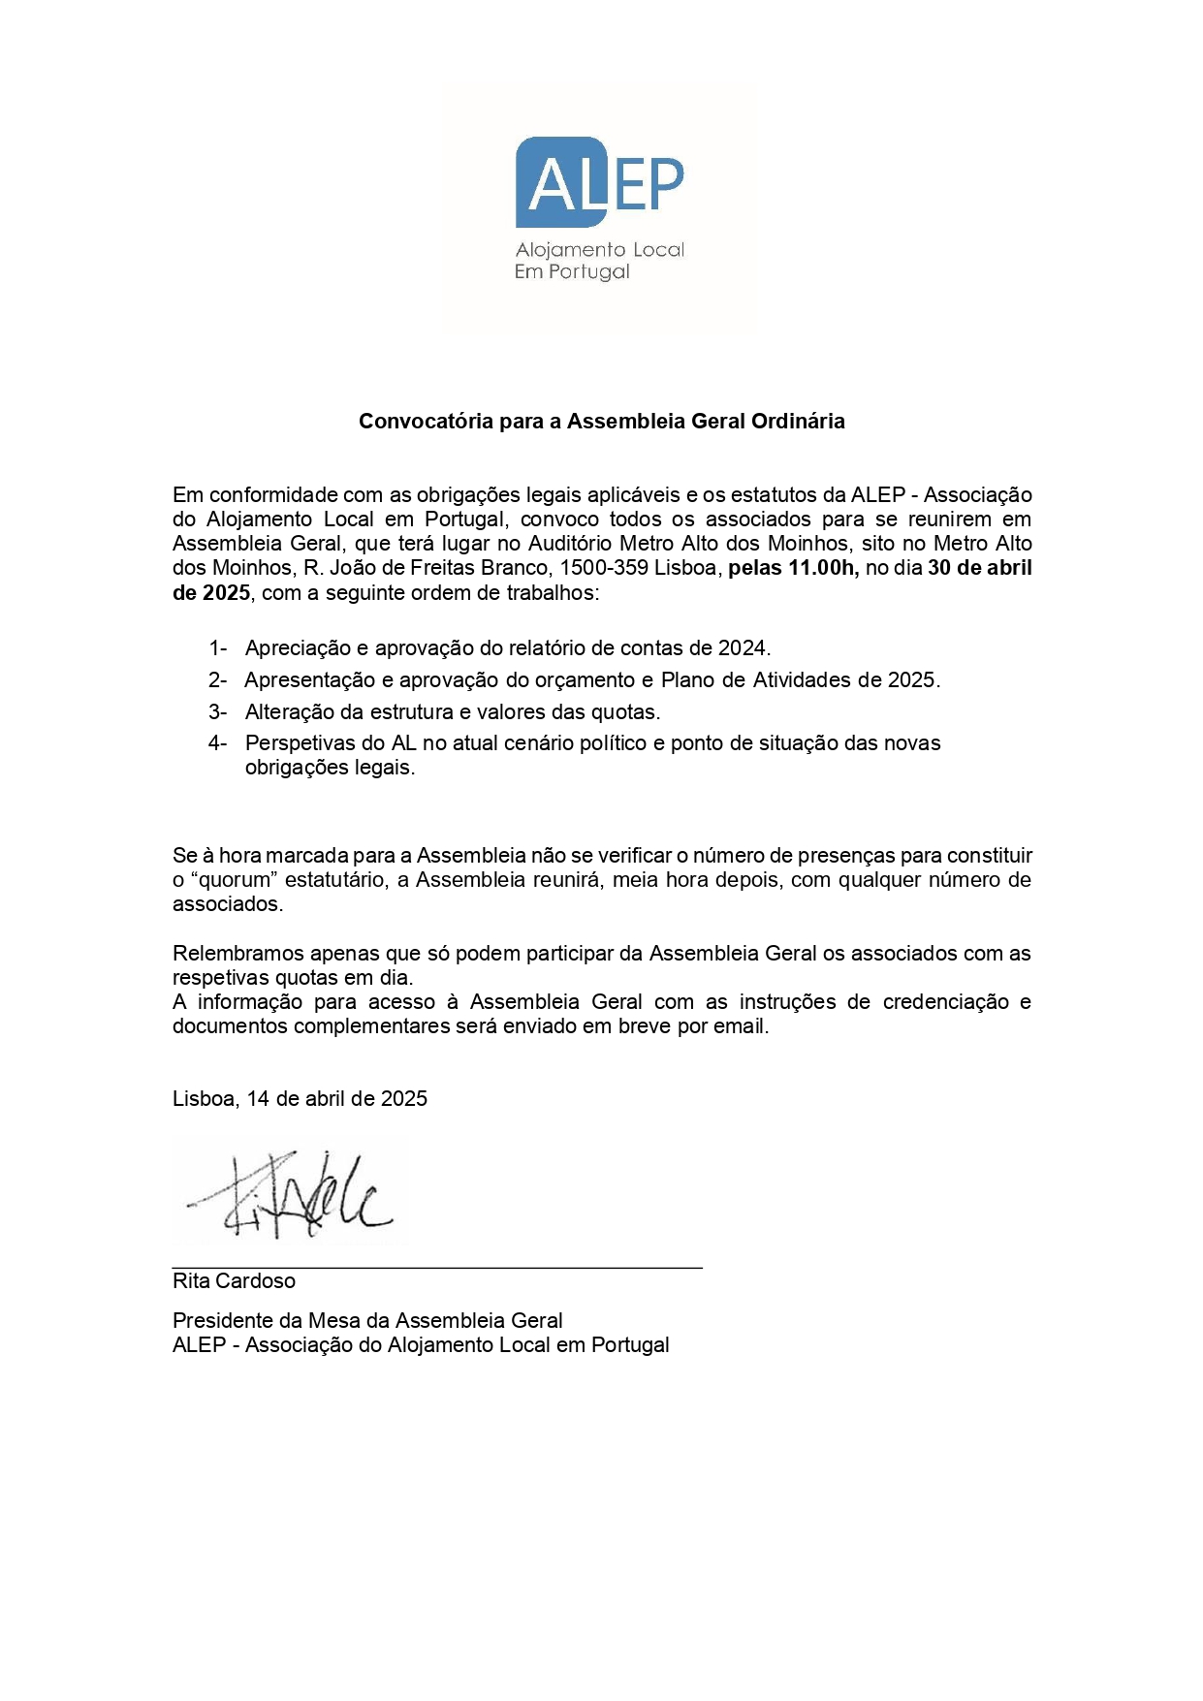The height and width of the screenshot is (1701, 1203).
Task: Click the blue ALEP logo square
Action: point(560,182)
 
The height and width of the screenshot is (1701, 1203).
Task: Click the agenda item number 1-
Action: point(217,648)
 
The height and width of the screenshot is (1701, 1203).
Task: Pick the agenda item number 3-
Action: point(217,712)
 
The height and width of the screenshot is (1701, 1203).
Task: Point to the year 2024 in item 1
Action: point(742,648)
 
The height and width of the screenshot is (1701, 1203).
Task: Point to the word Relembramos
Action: point(234,954)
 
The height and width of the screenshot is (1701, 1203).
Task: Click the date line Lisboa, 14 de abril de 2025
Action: point(300,1099)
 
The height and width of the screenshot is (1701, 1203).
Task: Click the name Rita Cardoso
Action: point(234,1281)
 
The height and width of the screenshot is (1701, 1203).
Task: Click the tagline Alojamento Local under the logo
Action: point(599,250)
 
